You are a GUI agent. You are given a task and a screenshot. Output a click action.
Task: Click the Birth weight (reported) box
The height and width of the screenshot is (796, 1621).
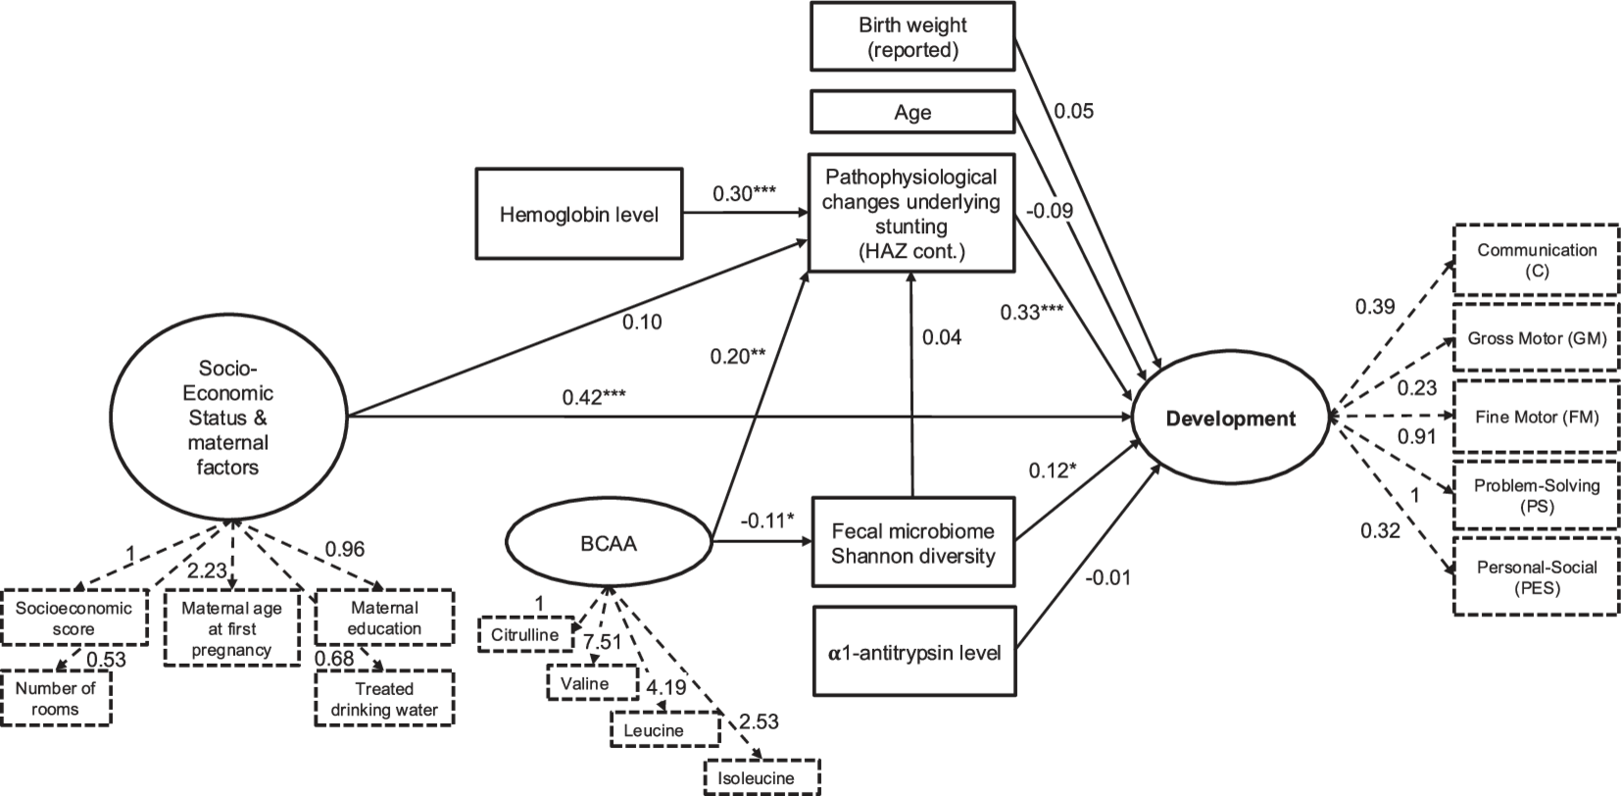pyautogui.click(x=912, y=38)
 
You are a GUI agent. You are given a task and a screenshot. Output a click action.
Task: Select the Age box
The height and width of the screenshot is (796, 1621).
pyautogui.click(x=912, y=112)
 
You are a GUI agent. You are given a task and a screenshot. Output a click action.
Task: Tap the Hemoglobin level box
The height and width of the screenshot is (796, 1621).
pyautogui.click(x=578, y=214)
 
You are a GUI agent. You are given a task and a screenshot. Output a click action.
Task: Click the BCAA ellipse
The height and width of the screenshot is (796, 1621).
pyautogui.click(x=609, y=542)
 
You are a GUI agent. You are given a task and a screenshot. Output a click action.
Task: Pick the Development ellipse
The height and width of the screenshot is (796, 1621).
pyautogui.click(x=1230, y=419)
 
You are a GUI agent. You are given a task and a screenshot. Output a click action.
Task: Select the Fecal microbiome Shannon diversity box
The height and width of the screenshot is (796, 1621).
pyautogui.click(x=912, y=544)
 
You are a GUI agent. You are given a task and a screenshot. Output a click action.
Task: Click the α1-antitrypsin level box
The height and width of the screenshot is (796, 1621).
pyautogui.click(x=912, y=651)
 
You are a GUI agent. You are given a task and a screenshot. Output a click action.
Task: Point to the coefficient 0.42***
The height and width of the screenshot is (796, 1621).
pyautogui.click(x=594, y=397)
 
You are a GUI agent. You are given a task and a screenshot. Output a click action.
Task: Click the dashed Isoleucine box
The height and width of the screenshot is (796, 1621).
pyautogui.click(x=761, y=778)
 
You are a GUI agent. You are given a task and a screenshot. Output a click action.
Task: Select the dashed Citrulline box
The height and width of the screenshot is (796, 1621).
pyautogui.click(x=526, y=634)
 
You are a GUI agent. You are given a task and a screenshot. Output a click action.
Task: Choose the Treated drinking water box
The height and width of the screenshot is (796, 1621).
pyautogui.click(x=384, y=698)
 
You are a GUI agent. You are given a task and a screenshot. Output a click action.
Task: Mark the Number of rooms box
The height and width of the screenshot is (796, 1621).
pyautogui.click(x=56, y=698)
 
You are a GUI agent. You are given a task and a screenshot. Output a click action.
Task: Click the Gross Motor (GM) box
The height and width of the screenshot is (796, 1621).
pyautogui.click(x=1536, y=338)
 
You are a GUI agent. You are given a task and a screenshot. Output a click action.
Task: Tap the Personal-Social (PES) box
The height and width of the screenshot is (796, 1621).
pyautogui.click(x=1536, y=576)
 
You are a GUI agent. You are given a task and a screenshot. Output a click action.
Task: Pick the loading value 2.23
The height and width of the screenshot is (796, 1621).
pyautogui.click(x=208, y=571)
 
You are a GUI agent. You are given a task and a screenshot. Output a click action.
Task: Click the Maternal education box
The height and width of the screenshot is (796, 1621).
pyautogui.click(x=384, y=618)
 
